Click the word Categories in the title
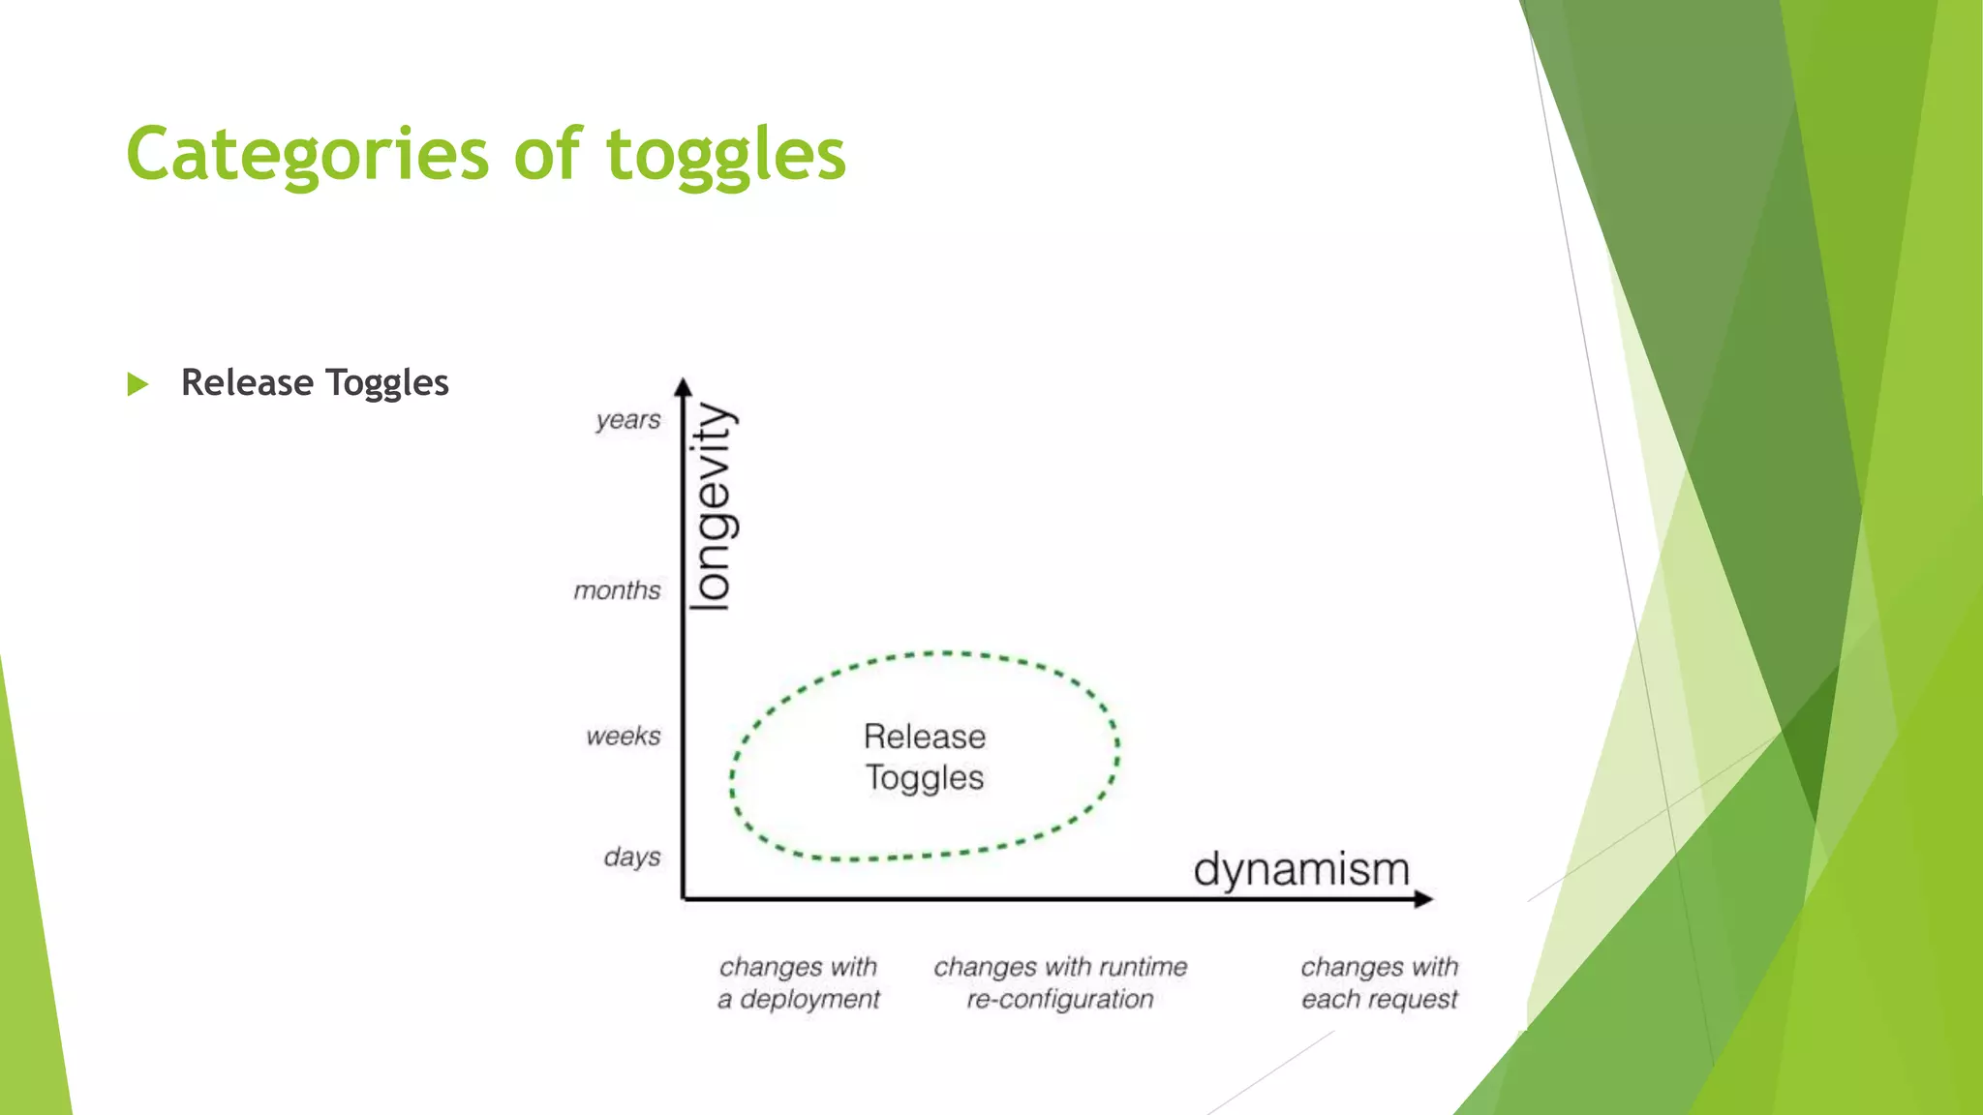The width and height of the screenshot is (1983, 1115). [308, 155]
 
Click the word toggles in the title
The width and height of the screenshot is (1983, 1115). [725, 155]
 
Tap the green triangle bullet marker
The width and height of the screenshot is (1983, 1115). [137, 384]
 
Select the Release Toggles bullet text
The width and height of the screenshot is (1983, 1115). [315, 383]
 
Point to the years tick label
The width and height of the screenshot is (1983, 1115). [627, 420]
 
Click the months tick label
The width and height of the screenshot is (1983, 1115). [617, 590]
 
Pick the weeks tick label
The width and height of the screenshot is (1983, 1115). [623, 737]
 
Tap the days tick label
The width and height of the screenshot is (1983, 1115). [631, 858]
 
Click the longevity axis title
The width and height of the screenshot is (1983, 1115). [713, 506]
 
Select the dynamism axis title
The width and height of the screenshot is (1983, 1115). [1300, 869]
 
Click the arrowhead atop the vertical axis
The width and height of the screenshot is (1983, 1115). [683, 386]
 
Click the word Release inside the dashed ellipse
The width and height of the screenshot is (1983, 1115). [924, 738]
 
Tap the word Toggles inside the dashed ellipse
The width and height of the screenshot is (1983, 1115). [924, 778]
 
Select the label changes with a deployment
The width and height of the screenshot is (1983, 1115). [798, 982]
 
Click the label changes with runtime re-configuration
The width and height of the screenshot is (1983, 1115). [1060, 982]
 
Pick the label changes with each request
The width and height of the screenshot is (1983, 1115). [1379, 982]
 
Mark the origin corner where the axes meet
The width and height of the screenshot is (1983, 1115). [684, 899]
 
